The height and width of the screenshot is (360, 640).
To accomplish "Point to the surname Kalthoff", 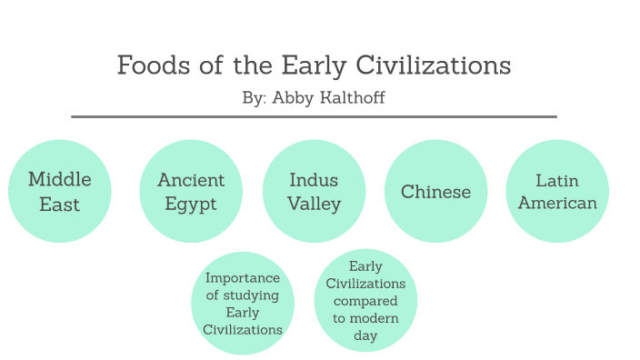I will pyautogui.click(x=351, y=97).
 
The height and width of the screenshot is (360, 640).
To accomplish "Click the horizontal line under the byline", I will pyautogui.click(x=314, y=116).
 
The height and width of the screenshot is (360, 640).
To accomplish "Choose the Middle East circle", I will pyautogui.click(x=60, y=191).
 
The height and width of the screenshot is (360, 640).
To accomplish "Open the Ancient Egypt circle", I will pyautogui.click(x=191, y=191).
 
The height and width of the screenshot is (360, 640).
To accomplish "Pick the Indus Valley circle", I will pyautogui.click(x=314, y=191).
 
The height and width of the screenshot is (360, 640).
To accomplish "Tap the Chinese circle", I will pyautogui.click(x=436, y=191).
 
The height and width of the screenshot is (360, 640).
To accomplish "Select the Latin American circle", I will pyautogui.click(x=557, y=191).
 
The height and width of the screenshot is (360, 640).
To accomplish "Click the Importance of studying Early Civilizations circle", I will pyautogui.click(x=243, y=304).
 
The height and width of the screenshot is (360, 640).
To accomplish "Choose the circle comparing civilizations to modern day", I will pyautogui.click(x=365, y=301).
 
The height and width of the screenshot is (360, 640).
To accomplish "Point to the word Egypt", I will pyautogui.click(x=191, y=204).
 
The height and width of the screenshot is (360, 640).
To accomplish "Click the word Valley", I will pyautogui.click(x=314, y=204).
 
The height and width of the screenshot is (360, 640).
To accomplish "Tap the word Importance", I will pyautogui.click(x=243, y=278).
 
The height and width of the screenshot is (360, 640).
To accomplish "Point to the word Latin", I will pyautogui.click(x=557, y=180).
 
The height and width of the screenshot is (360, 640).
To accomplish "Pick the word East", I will pyautogui.click(x=60, y=204).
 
